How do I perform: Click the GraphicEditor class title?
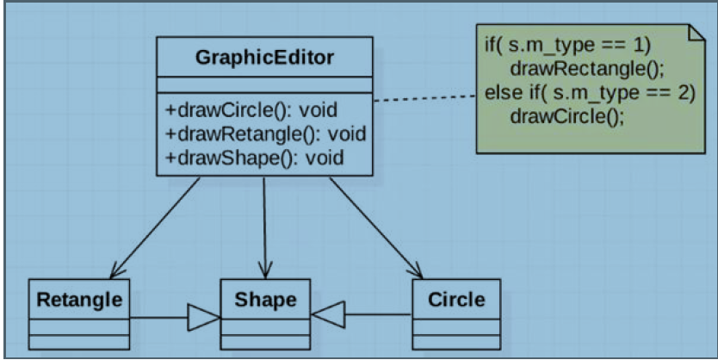click(x=264, y=58)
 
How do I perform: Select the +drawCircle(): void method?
click(x=251, y=110)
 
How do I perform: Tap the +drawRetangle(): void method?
click(x=265, y=133)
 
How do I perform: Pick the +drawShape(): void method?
click(x=255, y=157)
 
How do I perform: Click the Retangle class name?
click(x=79, y=300)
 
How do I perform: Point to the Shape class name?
click(x=265, y=300)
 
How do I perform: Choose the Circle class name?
click(x=455, y=300)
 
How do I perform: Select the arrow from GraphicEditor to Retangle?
click(x=156, y=227)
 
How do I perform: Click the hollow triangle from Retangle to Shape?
click(x=203, y=316)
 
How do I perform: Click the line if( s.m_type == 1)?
click(x=568, y=45)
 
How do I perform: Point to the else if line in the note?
click(x=590, y=92)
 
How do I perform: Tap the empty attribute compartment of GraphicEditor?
click(x=264, y=84)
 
